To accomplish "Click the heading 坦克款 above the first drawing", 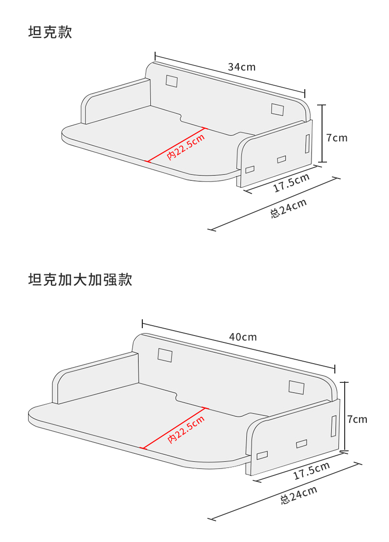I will click(x=50, y=33).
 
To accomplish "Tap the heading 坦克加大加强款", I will click(x=80, y=280).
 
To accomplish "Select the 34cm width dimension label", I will click(x=241, y=67).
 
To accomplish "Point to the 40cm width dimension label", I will click(x=243, y=337).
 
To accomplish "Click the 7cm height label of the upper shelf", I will click(x=337, y=137).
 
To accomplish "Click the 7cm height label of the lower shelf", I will click(x=357, y=419).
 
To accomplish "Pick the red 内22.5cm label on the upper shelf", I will click(x=186, y=146).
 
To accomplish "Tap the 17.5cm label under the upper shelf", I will click(x=292, y=183).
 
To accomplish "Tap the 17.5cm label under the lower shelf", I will click(x=312, y=471).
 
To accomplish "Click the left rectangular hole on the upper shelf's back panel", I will click(x=171, y=81).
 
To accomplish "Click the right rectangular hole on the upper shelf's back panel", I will click(x=278, y=109).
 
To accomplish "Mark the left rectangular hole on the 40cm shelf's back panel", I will click(x=165, y=355).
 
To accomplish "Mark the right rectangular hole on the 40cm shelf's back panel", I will click(x=296, y=387).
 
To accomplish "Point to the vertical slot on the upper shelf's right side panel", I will click(x=307, y=143).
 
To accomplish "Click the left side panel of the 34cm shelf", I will click(x=116, y=101).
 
